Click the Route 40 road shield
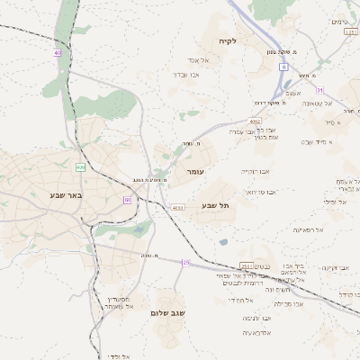(58, 53)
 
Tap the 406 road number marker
(80, 167)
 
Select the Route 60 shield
(128, 199)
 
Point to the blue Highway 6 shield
(283, 67)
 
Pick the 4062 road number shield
(256, 121)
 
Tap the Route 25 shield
(185, 262)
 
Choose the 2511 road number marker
(247, 266)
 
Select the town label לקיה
(227, 41)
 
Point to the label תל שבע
(217, 205)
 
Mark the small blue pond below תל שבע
(222, 241)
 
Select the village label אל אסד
(198, 60)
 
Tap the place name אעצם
(292, 94)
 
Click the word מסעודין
(120, 299)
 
